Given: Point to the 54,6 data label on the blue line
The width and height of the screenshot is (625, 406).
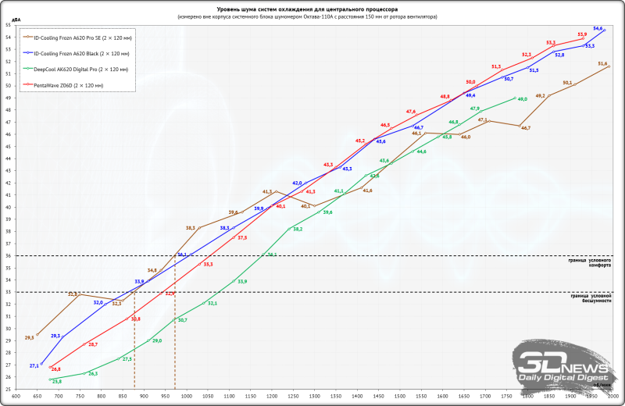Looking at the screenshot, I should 598,28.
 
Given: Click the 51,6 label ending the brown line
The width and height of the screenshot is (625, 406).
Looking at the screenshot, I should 602,64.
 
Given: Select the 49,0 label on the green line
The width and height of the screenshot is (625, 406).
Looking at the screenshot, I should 523,100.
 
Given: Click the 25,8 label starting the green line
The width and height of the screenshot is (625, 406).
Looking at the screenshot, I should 56,382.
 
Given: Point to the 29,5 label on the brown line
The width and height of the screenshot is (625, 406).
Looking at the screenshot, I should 30,337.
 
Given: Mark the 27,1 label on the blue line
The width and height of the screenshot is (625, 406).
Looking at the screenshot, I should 34,365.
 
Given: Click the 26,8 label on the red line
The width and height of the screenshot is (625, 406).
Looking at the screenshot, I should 56,369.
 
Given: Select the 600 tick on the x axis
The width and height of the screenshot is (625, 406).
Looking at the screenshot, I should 16,397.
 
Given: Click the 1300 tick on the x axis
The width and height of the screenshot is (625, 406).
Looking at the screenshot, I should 313,397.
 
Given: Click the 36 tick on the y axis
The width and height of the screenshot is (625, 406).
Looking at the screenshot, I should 8,255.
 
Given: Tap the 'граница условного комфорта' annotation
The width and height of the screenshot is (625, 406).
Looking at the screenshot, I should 590,262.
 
